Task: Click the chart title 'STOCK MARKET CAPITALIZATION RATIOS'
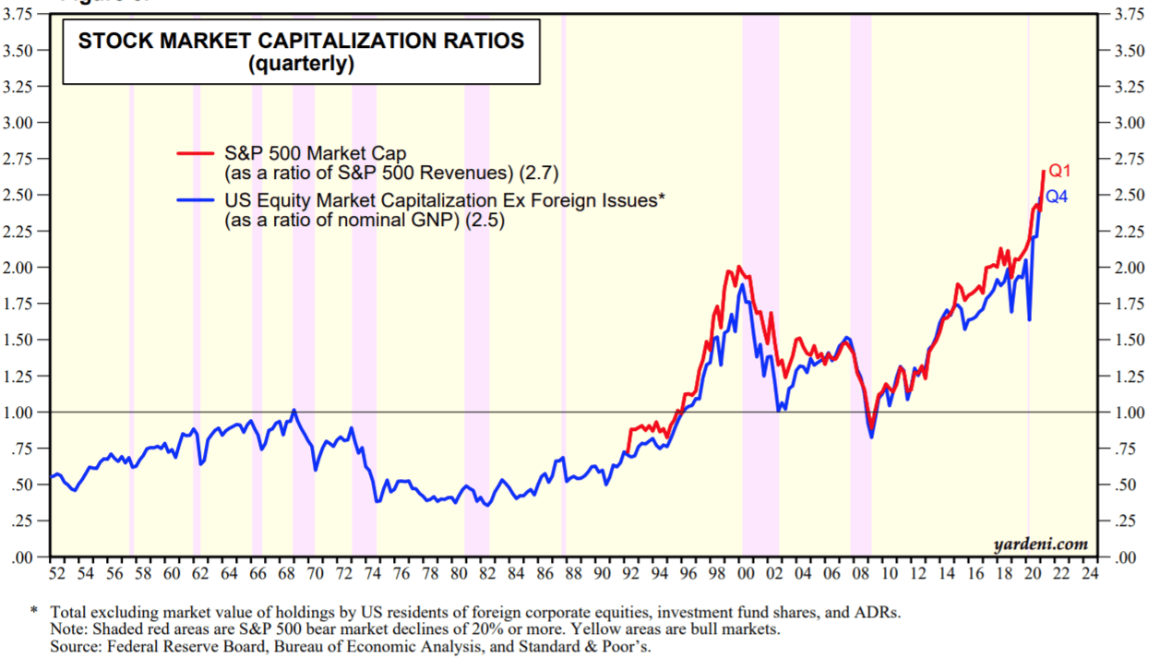coord(301,41)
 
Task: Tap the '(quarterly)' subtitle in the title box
coord(301,65)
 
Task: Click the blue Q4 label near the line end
coord(1056,197)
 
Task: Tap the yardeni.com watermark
coord(1041,544)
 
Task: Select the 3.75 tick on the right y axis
coord(1127,15)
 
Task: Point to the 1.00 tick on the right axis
coord(1127,413)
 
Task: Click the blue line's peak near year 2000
coord(741,285)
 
